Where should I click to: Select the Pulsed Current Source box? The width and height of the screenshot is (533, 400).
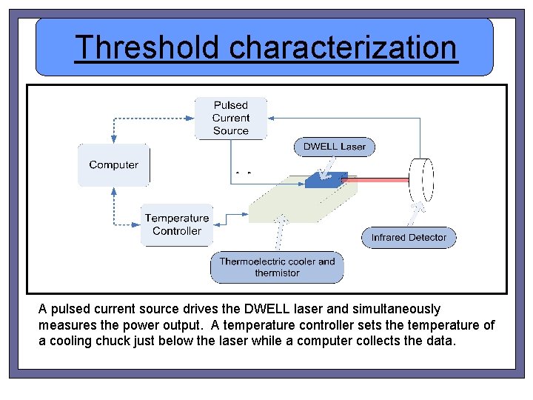tap(231, 119)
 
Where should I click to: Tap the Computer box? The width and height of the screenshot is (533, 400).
tap(113, 165)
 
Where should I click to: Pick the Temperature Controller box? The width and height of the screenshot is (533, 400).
tap(177, 224)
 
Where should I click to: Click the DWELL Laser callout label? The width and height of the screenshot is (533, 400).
tap(335, 147)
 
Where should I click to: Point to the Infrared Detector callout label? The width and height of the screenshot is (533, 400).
tap(409, 237)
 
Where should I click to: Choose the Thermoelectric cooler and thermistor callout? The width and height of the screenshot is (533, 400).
tap(277, 267)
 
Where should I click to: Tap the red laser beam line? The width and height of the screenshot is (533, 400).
tap(378, 179)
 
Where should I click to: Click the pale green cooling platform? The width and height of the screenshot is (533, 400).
tap(296, 204)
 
